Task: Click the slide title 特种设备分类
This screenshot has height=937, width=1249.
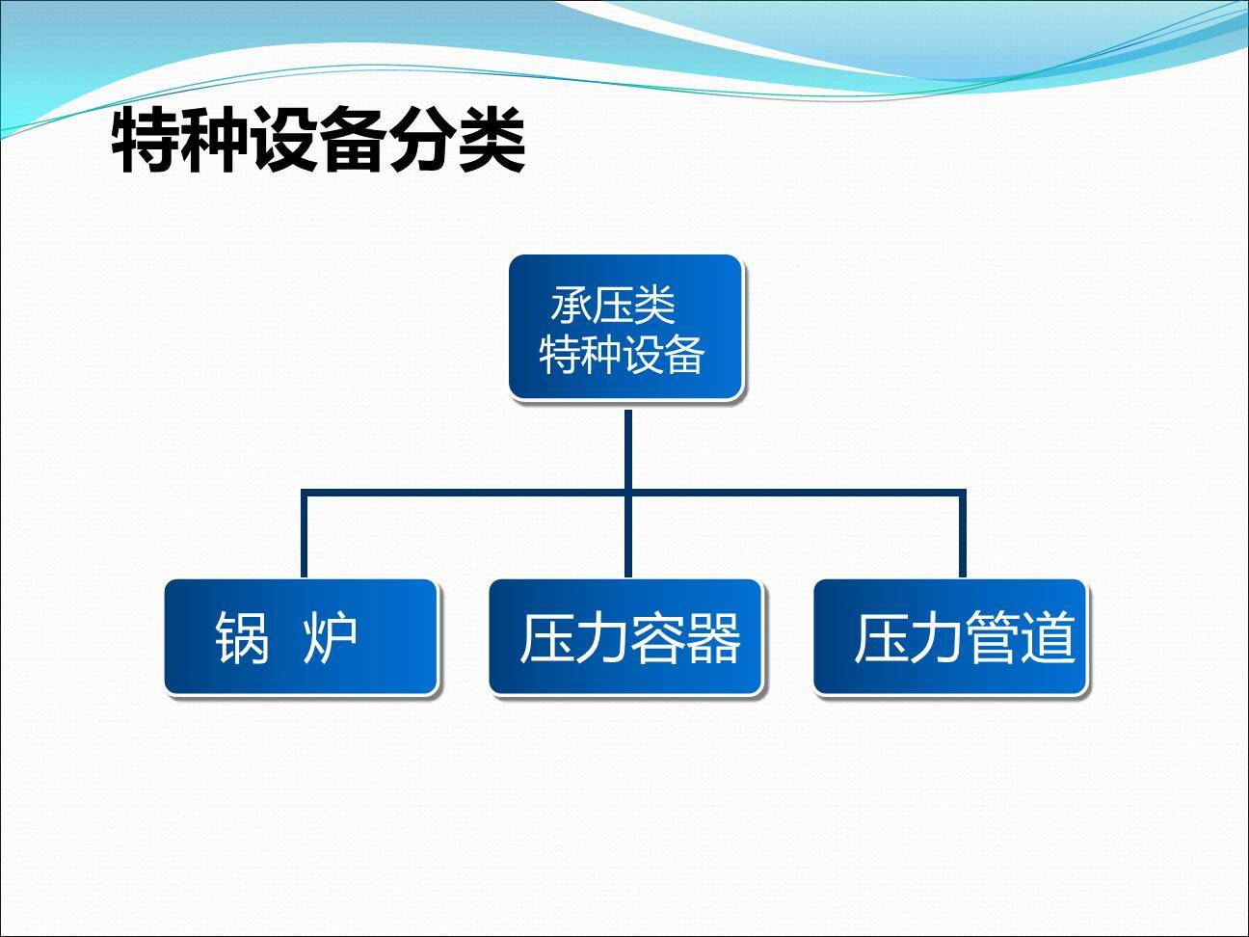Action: point(319,142)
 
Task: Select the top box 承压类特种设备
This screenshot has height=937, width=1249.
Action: point(625,328)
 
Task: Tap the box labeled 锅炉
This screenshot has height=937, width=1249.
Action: point(301,637)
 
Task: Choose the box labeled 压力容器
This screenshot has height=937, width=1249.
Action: point(625,637)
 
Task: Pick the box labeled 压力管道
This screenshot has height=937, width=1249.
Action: point(950,637)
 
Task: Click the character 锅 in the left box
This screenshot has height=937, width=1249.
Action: point(242,638)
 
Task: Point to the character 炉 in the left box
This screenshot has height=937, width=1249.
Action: point(331,638)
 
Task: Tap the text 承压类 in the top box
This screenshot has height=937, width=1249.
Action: point(613,306)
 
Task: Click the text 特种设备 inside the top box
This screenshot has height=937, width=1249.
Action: point(622,354)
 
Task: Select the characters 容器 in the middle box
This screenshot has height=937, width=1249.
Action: point(686,638)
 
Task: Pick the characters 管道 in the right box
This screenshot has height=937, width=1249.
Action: point(1020,638)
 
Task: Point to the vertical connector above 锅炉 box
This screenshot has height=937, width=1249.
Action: point(304,535)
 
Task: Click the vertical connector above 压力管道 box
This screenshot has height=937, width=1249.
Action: point(962,535)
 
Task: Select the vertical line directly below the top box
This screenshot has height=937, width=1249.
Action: point(627,448)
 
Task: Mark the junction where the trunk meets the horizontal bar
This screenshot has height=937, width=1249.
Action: point(627,494)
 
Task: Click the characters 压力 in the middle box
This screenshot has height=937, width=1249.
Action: point(574,638)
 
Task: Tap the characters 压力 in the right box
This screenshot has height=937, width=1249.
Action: point(908,638)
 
